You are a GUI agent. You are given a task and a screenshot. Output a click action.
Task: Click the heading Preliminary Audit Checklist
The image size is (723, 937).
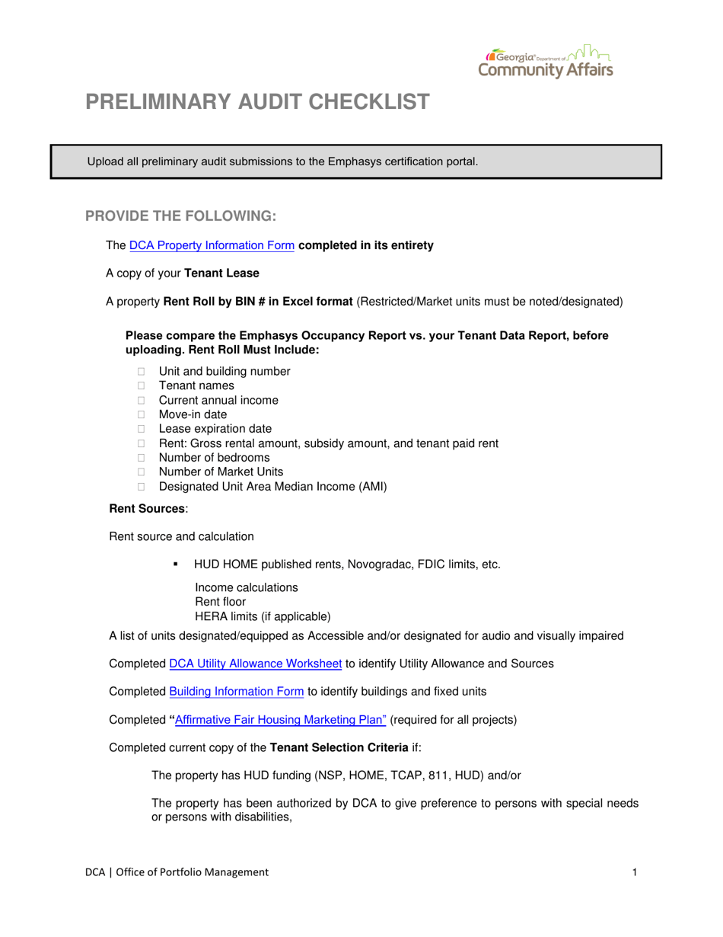click(256, 102)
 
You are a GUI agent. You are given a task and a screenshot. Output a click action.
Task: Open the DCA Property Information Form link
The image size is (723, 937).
click(212, 246)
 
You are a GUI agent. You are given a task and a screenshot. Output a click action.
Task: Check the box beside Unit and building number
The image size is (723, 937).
click(141, 372)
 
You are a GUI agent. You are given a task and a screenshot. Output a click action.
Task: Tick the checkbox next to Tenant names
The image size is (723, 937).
click(141, 386)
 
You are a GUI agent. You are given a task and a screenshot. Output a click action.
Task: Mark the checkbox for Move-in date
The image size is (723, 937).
click(141, 415)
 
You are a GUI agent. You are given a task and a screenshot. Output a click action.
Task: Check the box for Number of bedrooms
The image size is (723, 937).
click(141, 458)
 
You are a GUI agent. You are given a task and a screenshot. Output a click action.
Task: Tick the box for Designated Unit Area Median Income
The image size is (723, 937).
click(141, 487)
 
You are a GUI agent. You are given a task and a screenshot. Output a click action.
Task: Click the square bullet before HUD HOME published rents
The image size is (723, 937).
click(176, 564)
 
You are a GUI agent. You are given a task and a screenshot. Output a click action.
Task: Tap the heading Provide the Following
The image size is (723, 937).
click(180, 216)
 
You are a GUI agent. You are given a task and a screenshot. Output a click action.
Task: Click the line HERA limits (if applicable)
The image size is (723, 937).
click(263, 616)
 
